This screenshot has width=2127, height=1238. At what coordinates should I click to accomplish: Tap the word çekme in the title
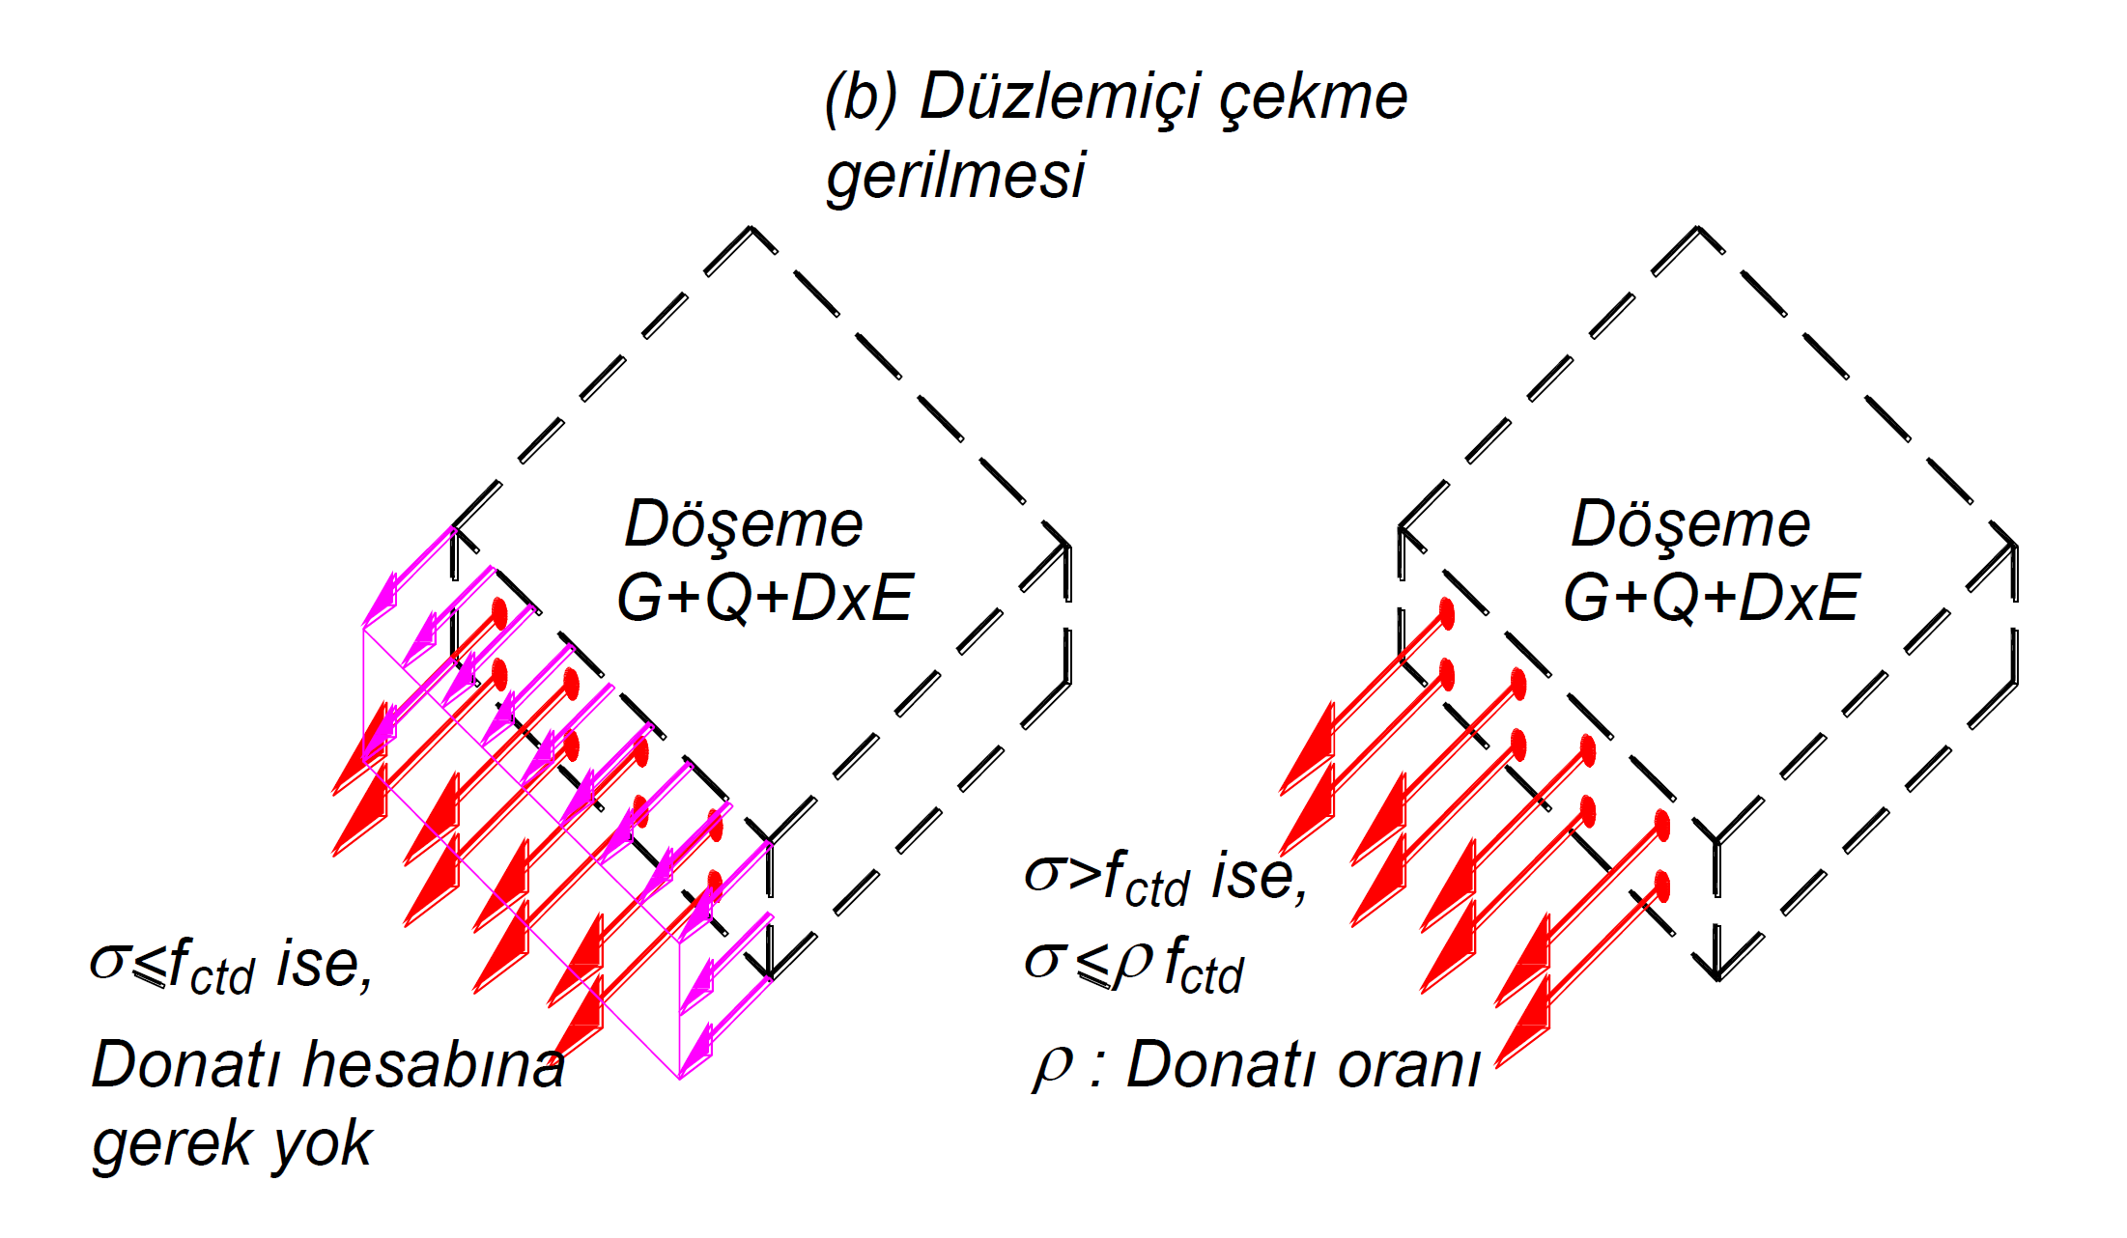[1314, 98]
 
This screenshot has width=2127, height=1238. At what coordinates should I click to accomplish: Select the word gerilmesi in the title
[955, 177]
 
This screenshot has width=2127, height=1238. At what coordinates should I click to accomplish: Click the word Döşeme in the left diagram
[743, 526]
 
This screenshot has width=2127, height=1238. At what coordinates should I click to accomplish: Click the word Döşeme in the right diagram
[1689, 526]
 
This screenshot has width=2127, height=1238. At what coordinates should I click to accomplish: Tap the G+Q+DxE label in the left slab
[764, 599]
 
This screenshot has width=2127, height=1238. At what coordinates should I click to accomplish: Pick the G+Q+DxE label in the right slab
[1711, 599]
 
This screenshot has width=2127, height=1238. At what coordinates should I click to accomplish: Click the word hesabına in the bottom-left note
[434, 1065]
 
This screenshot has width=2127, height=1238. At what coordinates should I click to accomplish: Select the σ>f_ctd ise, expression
[1165, 878]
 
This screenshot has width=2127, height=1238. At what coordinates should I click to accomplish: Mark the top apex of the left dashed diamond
[752, 229]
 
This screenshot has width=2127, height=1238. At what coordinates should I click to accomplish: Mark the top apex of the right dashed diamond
[1699, 229]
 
